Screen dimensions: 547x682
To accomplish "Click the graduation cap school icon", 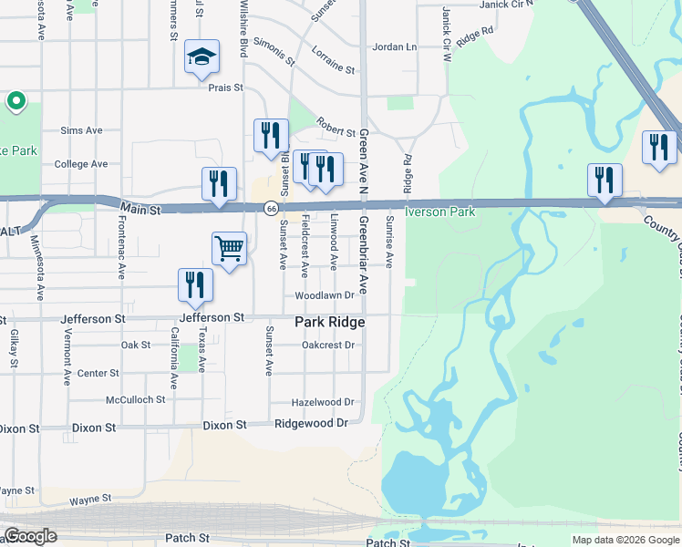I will [x=202, y=58].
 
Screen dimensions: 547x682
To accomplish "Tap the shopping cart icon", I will [x=229, y=247].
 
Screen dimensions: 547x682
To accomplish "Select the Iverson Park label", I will [x=440, y=212].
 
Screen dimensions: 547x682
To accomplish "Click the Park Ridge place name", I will [x=329, y=323].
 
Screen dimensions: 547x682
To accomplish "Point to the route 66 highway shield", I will [x=271, y=209].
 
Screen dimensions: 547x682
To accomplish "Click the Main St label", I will [x=140, y=210].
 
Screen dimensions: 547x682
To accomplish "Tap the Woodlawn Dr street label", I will [x=324, y=296].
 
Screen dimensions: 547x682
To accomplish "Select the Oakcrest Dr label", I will [x=327, y=346].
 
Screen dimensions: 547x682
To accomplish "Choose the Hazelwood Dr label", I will [x=322, y=402].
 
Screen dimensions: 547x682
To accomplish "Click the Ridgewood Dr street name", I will [x=312, y=424].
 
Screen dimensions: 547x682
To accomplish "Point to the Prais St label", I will [x=226, y=88].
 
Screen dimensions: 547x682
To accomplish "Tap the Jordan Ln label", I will [x=394, y=46].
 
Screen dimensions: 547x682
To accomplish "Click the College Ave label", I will [x=81, y=164].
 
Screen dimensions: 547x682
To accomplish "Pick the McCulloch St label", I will [x=135, y=399].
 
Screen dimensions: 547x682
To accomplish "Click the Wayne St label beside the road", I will [x=90, y=500].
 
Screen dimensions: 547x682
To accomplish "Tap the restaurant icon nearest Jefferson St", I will [x=196, y=284].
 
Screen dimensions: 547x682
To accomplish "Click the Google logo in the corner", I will [x=30, y=536].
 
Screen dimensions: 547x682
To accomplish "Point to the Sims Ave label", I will [x=82, y=130].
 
